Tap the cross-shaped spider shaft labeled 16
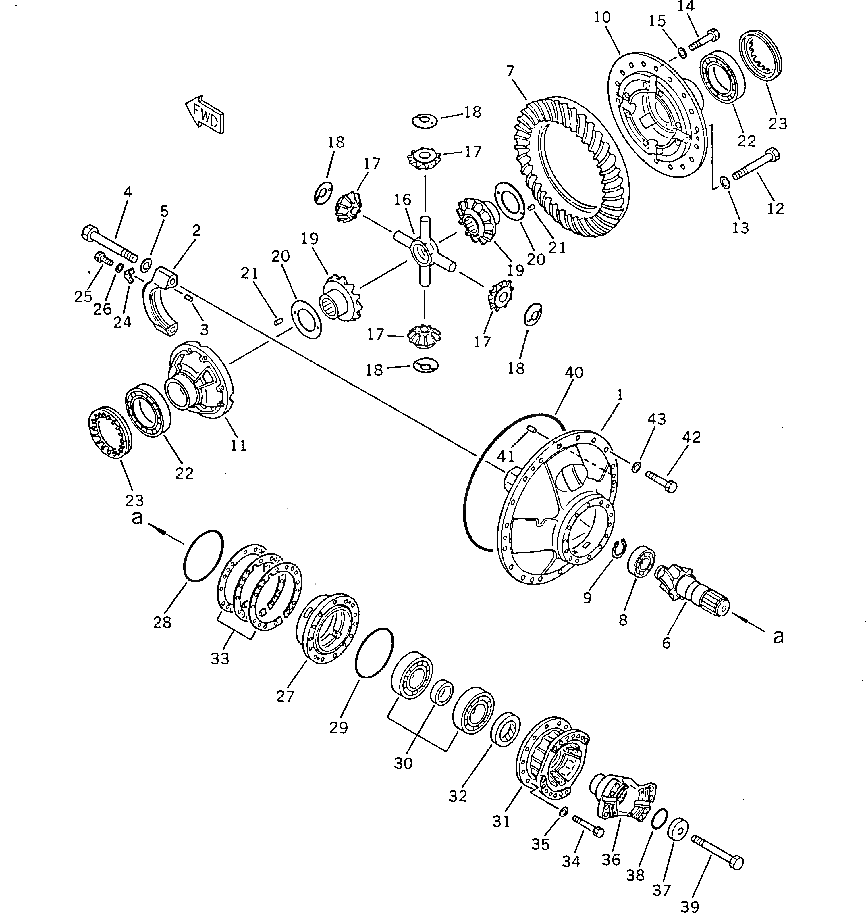424,252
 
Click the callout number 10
602,18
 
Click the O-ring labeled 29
374,653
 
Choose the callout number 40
574,372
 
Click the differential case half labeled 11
199,381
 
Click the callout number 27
285,696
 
